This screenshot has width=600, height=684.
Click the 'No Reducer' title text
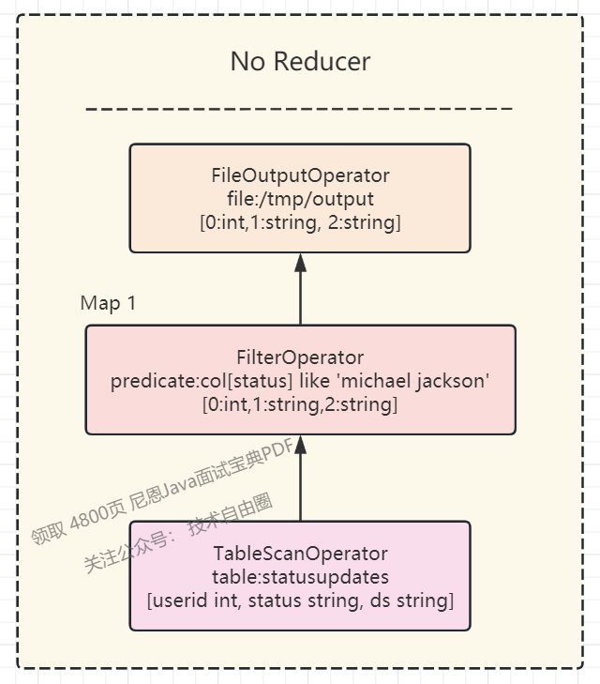click(x=300, y=62)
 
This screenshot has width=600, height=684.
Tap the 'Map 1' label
click(x=108, y=303)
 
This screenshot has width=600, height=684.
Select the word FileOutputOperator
click(x=300, y=175)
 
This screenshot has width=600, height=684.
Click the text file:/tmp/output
click(x=300, y=199)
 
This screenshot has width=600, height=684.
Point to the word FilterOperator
click(x=300, y=357)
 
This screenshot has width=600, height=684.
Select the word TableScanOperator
click(x=300, y=554)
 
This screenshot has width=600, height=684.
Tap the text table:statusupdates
click(x=300, y=576)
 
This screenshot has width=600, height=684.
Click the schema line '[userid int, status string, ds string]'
click(x=300, y=600)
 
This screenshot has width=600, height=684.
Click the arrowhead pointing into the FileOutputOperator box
click(x=300, y=263)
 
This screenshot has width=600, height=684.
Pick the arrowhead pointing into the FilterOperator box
click(x=300, y=445)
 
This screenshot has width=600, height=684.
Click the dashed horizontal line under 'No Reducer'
click(x=300, y=109)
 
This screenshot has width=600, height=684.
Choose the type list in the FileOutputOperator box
click(x=300, y=222)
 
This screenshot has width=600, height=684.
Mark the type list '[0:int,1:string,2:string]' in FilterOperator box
click(x=300, y=404)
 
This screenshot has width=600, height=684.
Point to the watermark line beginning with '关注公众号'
click(x=178, y=535)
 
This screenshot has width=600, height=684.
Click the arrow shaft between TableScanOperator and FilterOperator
click(x=300, y=488)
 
